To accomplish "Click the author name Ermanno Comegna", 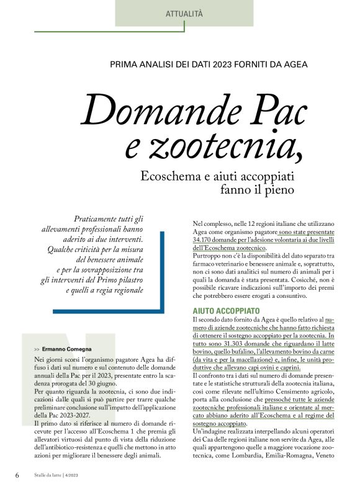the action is tap(70, 349).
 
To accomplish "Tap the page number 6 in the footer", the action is tap(17, 475).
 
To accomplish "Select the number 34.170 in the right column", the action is tap(205, 239).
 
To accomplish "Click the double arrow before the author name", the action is tap(37, 349).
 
